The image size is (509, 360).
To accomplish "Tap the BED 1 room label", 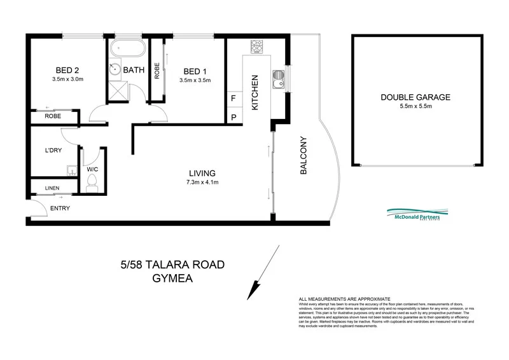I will tap(194, 71).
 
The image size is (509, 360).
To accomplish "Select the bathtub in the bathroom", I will tap(128, 50).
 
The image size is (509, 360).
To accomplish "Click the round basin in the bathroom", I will tap(115, 69).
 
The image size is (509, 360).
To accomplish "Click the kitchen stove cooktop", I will tap(257, 46).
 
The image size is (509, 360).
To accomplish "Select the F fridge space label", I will tap(234, 99).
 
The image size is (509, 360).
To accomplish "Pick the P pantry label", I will tap(234, 117).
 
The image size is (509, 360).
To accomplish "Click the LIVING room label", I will tap(202, 173).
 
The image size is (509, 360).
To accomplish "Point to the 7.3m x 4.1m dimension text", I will tap(202, 183).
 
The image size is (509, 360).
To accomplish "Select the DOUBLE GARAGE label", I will tap(415, 97).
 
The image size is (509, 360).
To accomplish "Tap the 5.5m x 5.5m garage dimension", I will tap(415, 106).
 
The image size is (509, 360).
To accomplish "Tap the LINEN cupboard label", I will tap(53, 189).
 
